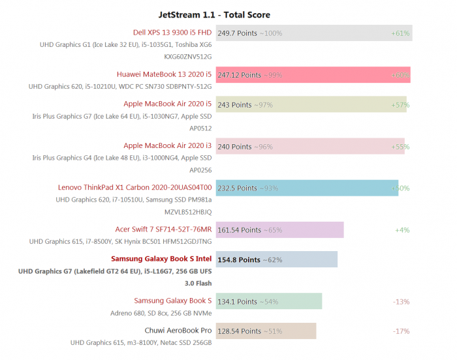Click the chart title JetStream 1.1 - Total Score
click(x=214, y=14)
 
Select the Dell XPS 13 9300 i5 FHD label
click(x=172, y=32)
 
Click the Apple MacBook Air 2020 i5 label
click(x=168, y=104)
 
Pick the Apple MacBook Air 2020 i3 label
click(x=168, y=146)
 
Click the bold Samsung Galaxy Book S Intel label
click(x=161, y=259)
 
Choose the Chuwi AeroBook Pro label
click(x=178, y=330)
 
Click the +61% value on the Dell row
click(x=400, y=33)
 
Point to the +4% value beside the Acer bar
click(x=402, y=230)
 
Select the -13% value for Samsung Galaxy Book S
click(x=401, y=301)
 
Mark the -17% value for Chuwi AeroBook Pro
click(x=401, y=331)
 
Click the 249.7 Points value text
click(x=238, y=33)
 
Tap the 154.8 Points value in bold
click(x=239, y=260)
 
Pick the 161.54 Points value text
click(x=239, y=230)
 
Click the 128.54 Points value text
click(x=239, y=331)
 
